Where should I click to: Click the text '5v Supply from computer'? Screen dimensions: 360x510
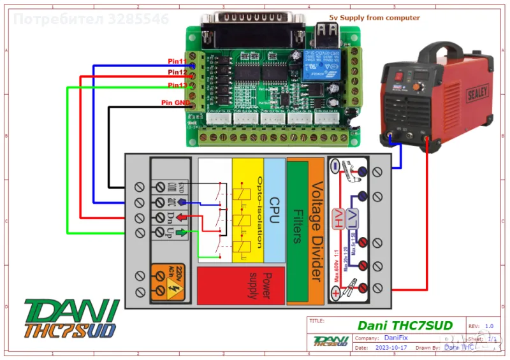[x=374, y=18]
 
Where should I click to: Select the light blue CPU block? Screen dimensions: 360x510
[x=275, y=211]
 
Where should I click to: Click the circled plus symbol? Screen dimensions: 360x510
[x=335, y=292]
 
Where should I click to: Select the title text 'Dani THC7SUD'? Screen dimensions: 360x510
[x=405, y=326]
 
